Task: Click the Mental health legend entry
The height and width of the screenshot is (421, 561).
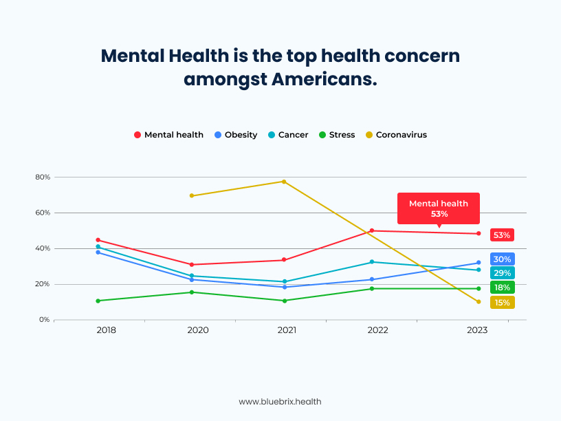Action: (168, 135)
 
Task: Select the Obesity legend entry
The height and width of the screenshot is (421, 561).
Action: (236, 135)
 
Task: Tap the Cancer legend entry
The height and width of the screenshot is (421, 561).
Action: (289, 135)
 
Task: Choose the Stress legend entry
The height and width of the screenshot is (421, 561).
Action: (337, 135)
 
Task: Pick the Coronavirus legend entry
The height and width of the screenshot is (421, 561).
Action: (396, 135)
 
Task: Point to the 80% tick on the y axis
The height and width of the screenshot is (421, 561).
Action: (43, 177)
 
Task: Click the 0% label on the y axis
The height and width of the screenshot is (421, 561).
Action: (45, 320)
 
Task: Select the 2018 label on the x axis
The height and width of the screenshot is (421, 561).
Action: (107, 330)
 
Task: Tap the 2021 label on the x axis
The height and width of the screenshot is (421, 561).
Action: (287, 330)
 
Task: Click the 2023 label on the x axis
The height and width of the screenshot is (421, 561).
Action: (477, 330)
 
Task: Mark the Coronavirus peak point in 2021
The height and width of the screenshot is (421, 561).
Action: (283, 182)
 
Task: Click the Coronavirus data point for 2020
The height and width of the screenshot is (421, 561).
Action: (192, 196)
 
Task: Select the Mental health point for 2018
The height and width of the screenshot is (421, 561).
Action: (98, 240)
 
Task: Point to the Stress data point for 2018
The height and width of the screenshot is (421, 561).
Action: (98, 301)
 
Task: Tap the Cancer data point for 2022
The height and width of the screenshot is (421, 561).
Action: (372, 262)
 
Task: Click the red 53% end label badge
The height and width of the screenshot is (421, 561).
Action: (502, 235)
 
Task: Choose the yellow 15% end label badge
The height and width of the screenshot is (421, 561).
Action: (502, 302)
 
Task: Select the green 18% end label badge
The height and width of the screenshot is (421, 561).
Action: (502, 288)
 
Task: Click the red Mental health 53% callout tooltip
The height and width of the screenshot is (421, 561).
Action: (439, 208)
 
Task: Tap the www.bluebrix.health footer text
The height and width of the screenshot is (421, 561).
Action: (280, 401)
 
